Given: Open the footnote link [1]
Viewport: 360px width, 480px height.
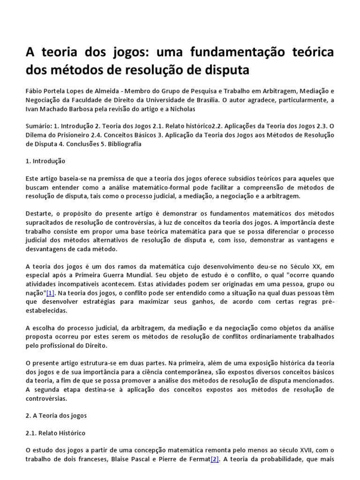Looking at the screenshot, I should (x=50, y=293).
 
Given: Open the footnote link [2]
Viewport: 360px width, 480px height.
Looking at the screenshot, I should (x=215, y=459).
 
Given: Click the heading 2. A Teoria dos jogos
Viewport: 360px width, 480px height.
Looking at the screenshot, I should (x=56, y=416).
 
